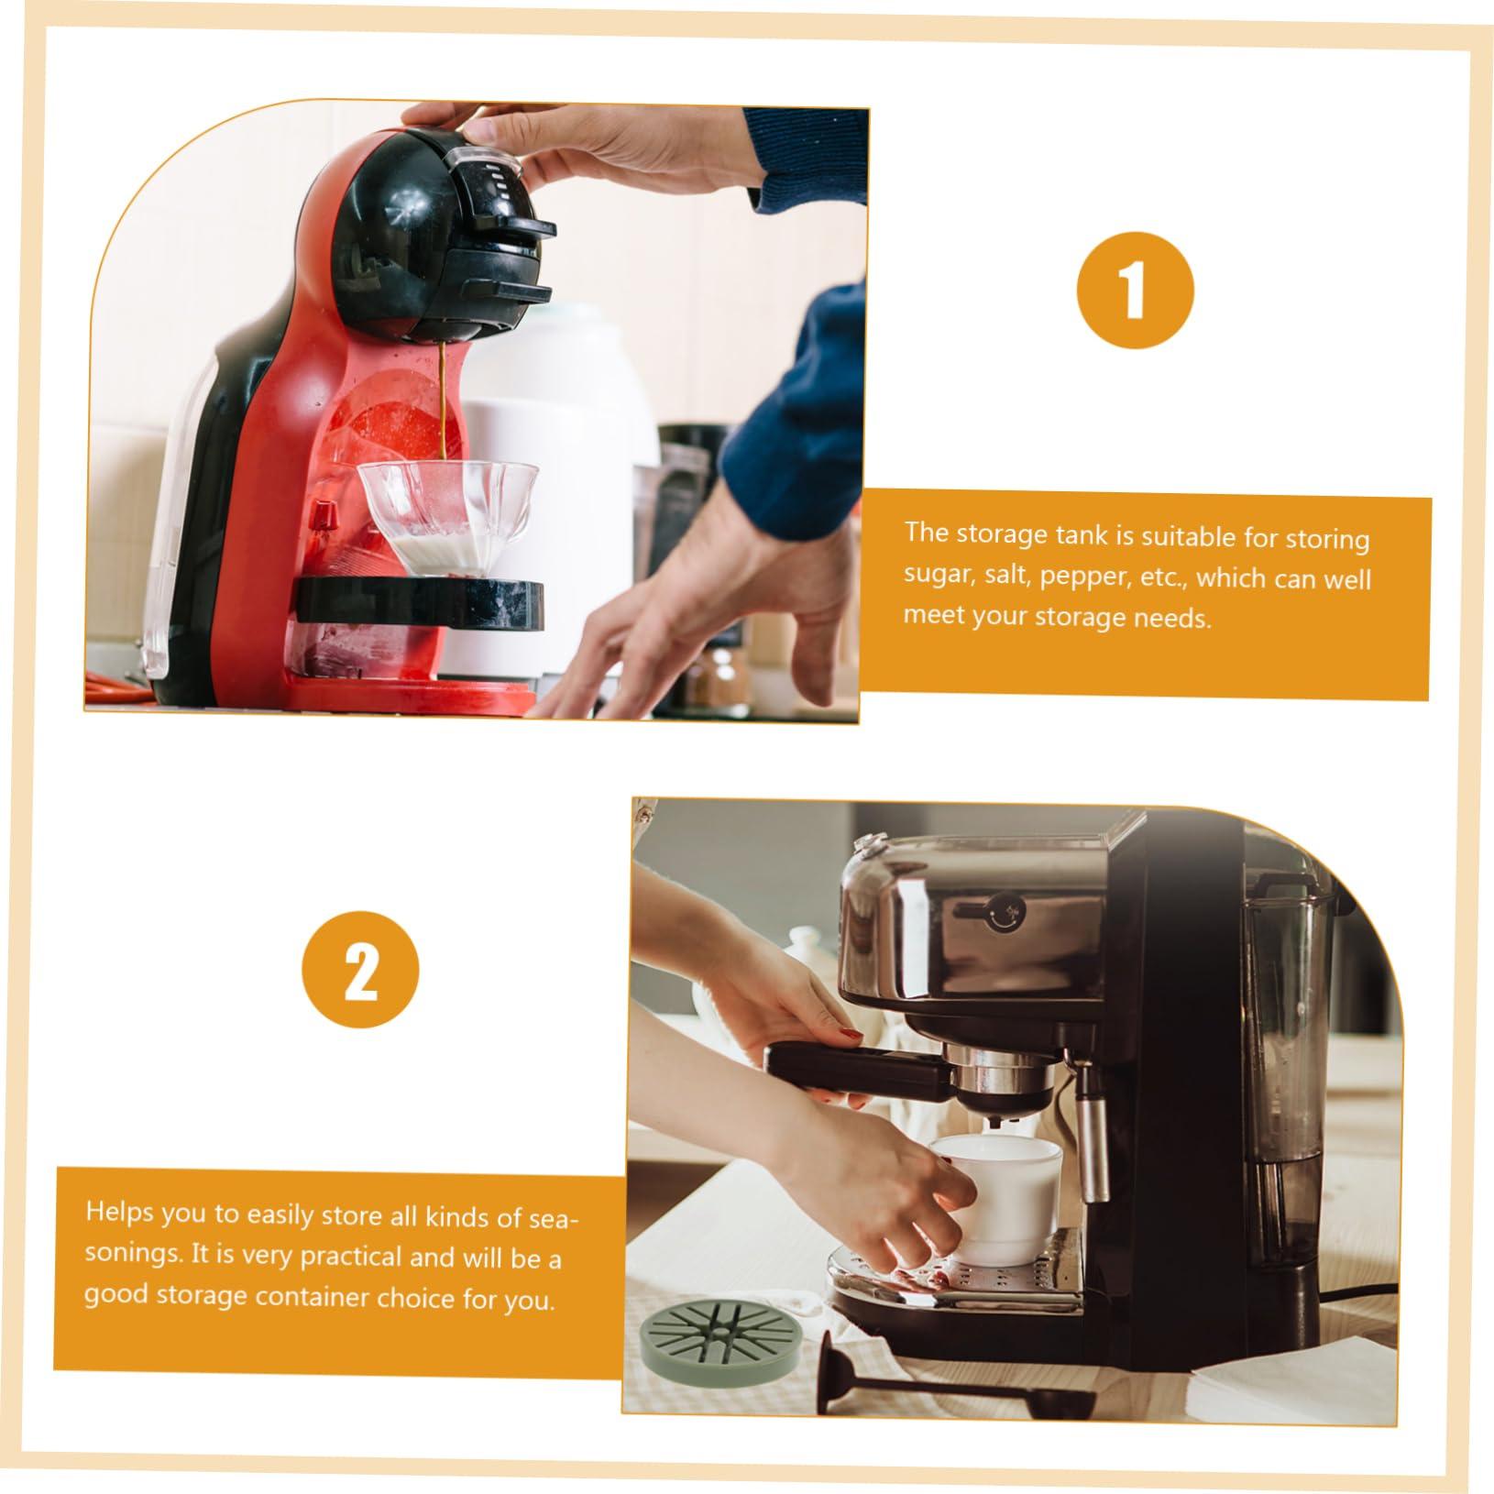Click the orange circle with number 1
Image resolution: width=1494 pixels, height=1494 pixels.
[x=1135, y=290]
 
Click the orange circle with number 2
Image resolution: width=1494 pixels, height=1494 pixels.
[x=361, y=969]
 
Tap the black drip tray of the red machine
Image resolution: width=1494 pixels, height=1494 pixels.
[x=420, y=603]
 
